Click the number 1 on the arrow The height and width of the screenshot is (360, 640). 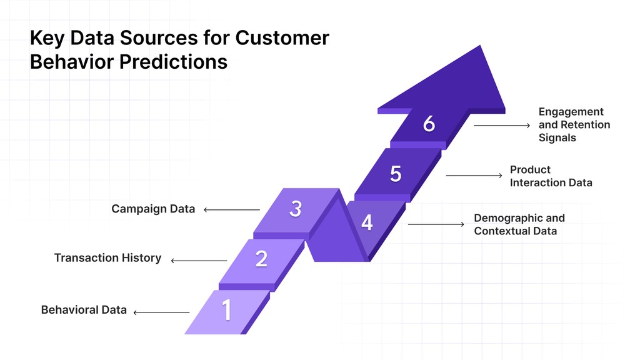(x=226, y=310)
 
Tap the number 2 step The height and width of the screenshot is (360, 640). (x=261, y=258)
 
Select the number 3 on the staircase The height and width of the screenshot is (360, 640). (x=296, y=209)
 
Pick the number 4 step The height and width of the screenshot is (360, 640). (x=367, y=222)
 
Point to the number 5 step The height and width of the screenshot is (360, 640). (x=396, y=174)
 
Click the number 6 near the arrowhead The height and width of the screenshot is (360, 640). (x=429, y=124)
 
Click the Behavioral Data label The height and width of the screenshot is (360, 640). (x=84, y=310)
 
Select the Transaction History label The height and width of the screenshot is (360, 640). (x=107, y=257)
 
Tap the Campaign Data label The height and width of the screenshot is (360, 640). (x=153, y=209)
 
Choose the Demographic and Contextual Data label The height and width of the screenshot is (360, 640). (x=519, y=224)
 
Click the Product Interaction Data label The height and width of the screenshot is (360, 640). (x=551, y=176)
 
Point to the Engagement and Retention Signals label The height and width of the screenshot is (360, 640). (x=574, y=124)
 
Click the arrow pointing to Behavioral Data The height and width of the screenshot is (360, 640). (x=161, y=312)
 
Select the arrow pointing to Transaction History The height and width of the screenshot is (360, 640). (x=199, y=260)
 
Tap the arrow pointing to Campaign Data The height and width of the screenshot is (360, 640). (x=231, y=210)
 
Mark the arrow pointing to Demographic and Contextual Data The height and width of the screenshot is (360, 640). (x=436, y=224)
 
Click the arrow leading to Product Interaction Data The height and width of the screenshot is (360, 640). (x=474, y=176)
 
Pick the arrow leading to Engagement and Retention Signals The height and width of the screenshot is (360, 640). (x=501, y=126)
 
